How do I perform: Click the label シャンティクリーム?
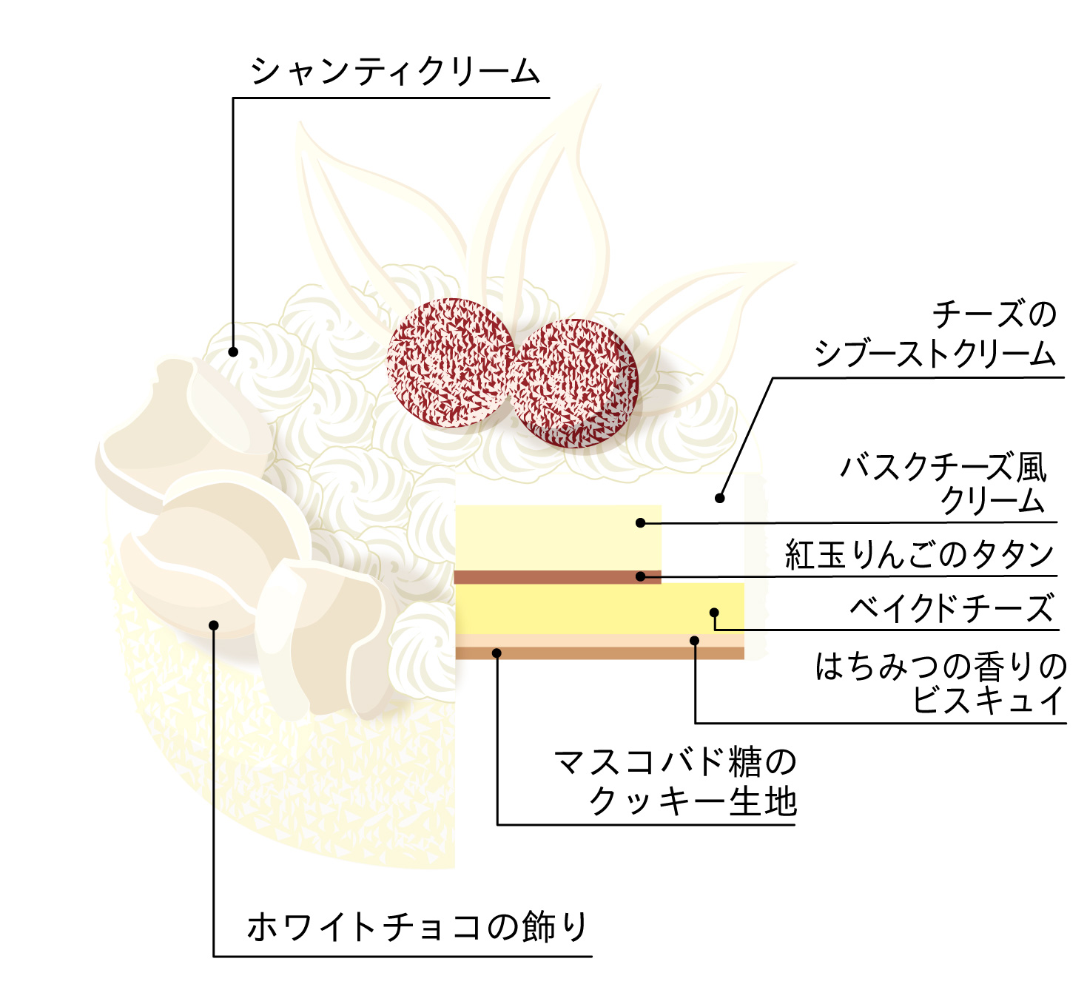396,73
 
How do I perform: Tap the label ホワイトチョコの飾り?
417,927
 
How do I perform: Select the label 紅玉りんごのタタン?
919,554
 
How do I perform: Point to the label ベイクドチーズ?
952,609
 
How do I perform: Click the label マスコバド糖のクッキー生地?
675,782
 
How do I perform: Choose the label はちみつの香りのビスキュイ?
941,683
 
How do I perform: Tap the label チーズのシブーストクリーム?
935,334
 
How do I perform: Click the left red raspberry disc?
450,363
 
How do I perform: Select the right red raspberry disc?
573,383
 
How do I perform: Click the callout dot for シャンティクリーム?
233,352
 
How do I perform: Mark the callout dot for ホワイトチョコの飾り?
214,625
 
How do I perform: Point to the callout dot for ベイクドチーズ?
714,613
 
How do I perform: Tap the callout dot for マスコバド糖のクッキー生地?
497,653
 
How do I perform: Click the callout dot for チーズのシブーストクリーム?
720,499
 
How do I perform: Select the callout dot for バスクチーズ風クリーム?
641,523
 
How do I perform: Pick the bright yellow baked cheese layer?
592,608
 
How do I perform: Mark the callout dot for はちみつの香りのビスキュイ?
695,641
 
